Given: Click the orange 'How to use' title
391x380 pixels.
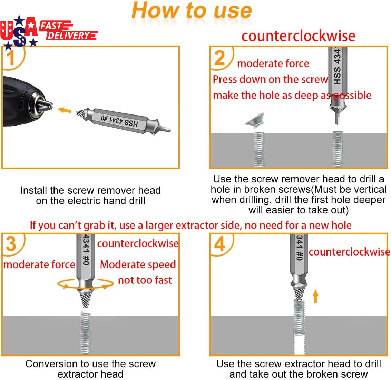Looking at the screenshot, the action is tap(192, 10).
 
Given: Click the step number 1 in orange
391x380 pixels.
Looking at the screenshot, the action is tap(10, 58).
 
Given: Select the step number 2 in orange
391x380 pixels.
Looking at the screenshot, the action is tap(219, 58).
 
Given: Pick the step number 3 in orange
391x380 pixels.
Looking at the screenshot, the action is tap(11, 244).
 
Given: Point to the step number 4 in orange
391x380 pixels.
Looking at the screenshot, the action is tap(220, 244).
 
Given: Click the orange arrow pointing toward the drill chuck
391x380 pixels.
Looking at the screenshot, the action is tap(64, 110).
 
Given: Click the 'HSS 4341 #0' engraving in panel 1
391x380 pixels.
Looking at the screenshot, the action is tap(119, 121).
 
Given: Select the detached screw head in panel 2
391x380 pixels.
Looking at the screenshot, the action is tap(255, 120).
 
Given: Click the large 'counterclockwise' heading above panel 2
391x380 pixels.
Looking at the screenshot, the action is tap(298, 36).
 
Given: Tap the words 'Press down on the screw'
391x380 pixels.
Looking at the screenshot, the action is tap(270, 80).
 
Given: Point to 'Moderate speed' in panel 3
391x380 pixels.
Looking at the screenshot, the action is tap(138, 264).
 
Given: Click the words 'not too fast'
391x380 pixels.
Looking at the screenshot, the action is tap(145, 280).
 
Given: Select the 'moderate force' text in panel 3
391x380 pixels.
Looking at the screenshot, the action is tap(39, 264).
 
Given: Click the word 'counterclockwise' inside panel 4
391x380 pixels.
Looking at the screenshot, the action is tap(349, 252).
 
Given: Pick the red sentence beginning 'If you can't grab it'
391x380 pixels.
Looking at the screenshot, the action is tap(190, 225).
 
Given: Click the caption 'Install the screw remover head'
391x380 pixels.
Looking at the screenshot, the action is tap(90, 190).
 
